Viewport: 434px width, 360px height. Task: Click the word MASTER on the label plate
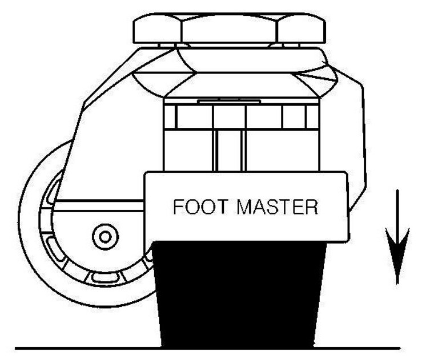[x=277, y=206]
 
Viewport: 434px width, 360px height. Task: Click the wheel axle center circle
[x=105, y=236]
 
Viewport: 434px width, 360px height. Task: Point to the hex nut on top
[x=229, y=29]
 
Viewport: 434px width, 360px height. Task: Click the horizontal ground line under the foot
[x=86, y=347]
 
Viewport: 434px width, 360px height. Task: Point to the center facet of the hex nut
[x=229, y=29]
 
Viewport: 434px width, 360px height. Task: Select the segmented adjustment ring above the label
[x=240, y=117]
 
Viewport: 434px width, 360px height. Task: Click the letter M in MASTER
[x=244, y=206]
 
